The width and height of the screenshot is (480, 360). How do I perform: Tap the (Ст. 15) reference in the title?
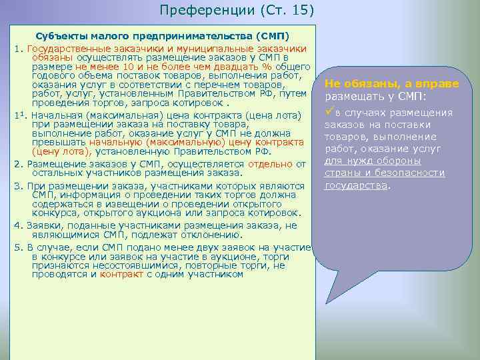pyautogui.click(x=282, y=10)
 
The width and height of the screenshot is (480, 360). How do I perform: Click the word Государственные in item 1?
pyautogui.click(x=69, y=49)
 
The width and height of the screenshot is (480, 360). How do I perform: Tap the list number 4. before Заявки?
pyautogui.click(x=18, y=225)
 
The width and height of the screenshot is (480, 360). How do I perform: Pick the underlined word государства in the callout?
pyautogui.click(x=356, y=185)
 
